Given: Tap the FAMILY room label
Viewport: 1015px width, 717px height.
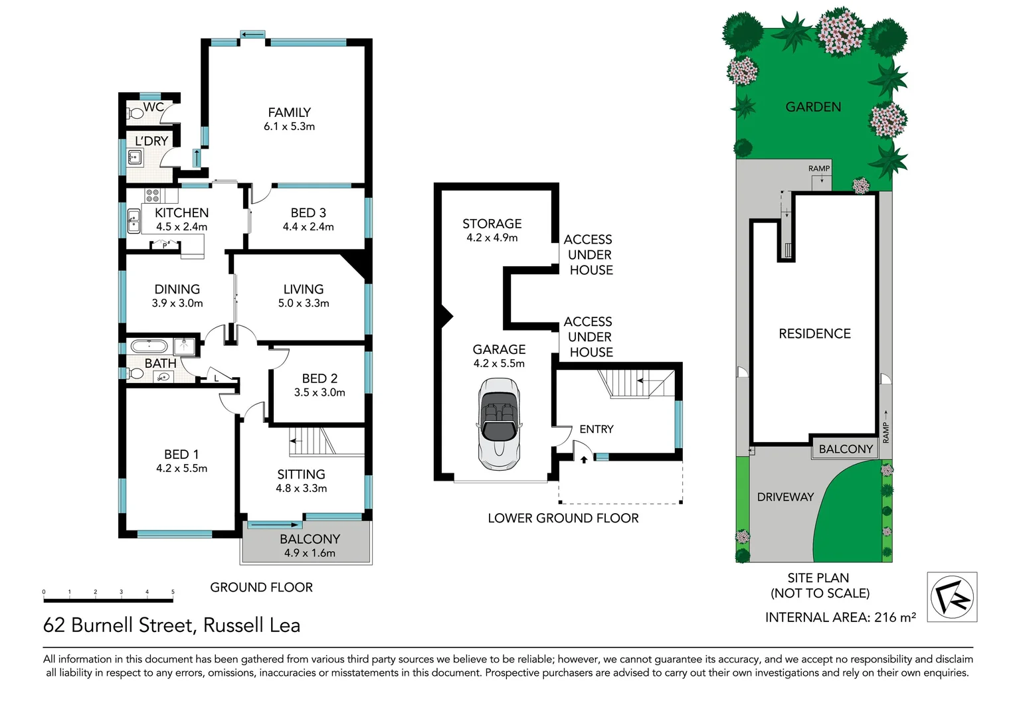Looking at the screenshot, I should pos(289,113).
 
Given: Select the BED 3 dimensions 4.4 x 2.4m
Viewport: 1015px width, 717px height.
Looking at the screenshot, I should pos(308,227).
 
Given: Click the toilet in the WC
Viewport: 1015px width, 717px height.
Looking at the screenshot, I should pos(136,113).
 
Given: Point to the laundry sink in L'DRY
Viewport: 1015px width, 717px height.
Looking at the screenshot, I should pos(134,158).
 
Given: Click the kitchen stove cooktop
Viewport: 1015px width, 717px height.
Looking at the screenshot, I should pos(153,196).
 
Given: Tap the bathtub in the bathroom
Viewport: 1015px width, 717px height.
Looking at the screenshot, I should pos(149,346).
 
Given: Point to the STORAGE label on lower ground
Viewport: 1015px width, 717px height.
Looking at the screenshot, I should pos(492,224).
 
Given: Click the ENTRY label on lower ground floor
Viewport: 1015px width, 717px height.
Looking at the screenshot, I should pos(596,430).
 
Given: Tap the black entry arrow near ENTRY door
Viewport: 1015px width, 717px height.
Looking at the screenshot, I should pos(583,459).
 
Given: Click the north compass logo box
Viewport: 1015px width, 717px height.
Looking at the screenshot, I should pos(951,597).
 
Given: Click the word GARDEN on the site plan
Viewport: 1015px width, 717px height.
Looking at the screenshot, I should pos(813,107).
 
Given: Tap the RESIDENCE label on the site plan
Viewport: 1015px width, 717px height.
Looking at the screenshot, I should pos(814,334).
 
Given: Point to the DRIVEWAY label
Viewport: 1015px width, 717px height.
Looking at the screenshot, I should pos(785,497).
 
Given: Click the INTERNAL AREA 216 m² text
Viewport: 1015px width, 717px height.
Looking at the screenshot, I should pos(840,617).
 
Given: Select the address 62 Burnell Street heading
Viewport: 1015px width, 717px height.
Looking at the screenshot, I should pos(171,625).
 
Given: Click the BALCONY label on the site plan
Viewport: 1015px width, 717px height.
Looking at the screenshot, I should pos(845,449).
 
